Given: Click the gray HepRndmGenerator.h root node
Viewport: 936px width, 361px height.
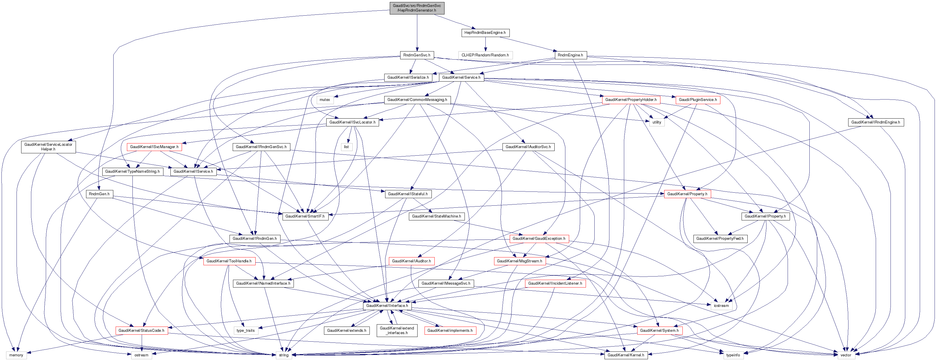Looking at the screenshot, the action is point(417,8).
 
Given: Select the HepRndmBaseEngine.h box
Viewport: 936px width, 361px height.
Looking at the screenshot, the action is point(485,33).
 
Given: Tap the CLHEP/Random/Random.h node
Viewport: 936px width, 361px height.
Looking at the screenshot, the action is point(485,55).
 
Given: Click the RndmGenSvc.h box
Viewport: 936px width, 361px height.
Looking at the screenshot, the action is point(417,55).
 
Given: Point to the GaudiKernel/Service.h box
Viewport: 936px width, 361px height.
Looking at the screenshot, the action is point(461,77).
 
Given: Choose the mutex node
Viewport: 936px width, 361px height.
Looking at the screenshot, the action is point(325,100).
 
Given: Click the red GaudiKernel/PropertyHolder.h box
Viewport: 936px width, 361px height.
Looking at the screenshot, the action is point(631,100).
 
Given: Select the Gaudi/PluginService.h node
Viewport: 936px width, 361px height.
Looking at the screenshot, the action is point(698,100).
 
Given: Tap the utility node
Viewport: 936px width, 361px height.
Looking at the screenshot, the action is point(657,122).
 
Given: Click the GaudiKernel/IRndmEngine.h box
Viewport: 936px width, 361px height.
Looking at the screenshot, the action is point(876,122).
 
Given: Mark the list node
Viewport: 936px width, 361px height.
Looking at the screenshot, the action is point(346,147).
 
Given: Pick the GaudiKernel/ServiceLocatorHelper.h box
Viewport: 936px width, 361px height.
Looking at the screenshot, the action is point(48,147).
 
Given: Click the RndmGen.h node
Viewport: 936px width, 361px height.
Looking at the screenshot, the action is point(99,194).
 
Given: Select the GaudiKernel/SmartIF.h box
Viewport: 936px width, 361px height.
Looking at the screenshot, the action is point(305,216).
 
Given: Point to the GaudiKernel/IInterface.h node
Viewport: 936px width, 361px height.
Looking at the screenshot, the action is point(387,306).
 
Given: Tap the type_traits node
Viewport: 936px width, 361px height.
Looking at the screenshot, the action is point(246,331).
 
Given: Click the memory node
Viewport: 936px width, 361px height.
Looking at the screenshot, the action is point(16,355).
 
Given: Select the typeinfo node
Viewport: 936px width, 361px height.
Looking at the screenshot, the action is point(733,355).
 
